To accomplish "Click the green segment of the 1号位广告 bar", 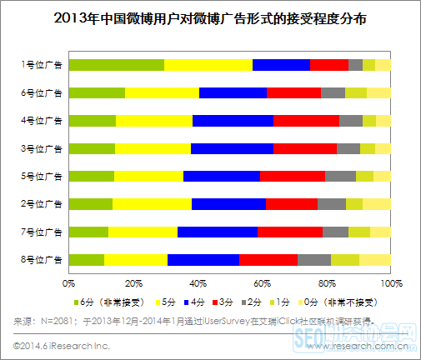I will pyautogui.click(x=116, y=65).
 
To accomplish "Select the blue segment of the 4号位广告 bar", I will pyautogui.click(x=233, y=121).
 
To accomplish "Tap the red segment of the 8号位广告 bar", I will pyautogui.click(x=268, y=259).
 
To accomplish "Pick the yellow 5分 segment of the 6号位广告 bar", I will pyautogui.click(x=162, y=92).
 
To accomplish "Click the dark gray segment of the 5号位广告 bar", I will pyautogui.click(x=340, y=176).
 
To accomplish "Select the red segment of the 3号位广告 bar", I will pyautogui.click(x=304, y=148).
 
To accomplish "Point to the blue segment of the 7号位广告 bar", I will pyautogui.click(x=218, y=232).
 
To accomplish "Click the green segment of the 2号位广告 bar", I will pyautogui.click(x=91, y=204).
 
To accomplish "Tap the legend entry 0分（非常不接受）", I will pyautogui.click(x=349, y=301).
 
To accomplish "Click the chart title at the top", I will pyautogui.click(x=210, y=17).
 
